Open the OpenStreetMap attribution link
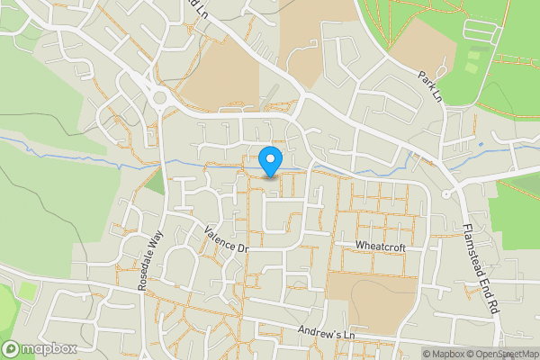coord(503,354)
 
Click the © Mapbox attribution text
coord(445,354)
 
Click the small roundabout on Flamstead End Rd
coord(446,194)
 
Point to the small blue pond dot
coord(481,143)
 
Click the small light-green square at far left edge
coord(28,292)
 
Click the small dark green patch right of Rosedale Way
coord(155,182)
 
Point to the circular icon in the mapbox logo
coord(11,349)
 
